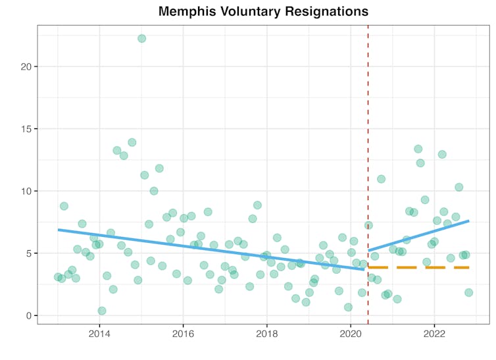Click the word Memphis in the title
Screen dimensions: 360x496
pos(187,12)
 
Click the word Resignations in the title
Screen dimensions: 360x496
pos(326,12)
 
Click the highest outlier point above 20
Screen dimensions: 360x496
pos(141,38)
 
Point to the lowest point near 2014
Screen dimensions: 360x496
pos(102,311)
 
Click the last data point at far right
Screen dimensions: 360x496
pos(468,292)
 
